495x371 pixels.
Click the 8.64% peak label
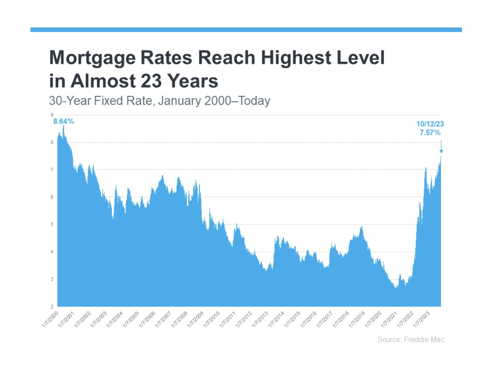(x=63, y=122)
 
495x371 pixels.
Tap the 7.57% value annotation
(x=430, y=133)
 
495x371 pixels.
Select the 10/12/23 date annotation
(x=430, y=124)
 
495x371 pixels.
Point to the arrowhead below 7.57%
(x=441, y=151)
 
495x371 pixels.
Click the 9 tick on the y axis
(x=52, y=115)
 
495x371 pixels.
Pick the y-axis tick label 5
(x=52, y=224)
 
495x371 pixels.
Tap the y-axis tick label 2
(x=52, y=306)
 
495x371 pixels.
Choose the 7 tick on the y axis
(x=52, y=170)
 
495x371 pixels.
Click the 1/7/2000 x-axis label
(x=50, y=318)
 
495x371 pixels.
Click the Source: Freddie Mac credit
(x=411, y=340)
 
